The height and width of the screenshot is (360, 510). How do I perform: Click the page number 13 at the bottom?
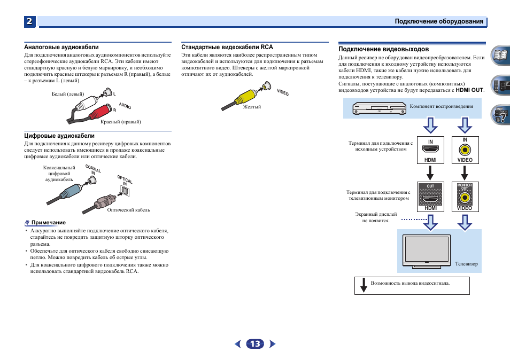click(x=255, y=344)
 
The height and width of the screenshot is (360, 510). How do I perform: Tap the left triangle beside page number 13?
click(x=238, y=344)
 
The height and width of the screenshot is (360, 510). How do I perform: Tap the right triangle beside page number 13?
click(x=273, y=344)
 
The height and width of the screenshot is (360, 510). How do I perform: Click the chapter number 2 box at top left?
click(x=30, y=21)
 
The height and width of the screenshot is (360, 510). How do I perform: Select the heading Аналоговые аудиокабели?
click(x=61, y=48)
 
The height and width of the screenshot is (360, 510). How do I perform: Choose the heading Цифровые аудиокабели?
click(x=59, y=136)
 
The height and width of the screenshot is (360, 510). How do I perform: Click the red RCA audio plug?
click(x=100, y=112)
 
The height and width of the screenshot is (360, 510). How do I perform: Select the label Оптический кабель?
click(x=128, y=210)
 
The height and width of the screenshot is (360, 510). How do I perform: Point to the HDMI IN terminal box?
click(x=430, y=150)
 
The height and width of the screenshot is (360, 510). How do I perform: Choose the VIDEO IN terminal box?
click(x=465, y=150)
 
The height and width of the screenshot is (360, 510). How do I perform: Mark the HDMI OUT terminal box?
click(x=430, y=197)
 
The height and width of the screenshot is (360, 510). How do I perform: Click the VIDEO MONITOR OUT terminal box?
click(x=465, y=197)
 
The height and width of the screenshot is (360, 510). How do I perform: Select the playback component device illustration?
click(x=379, y=109)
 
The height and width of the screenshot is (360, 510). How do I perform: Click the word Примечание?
click(x=48, y=223)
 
